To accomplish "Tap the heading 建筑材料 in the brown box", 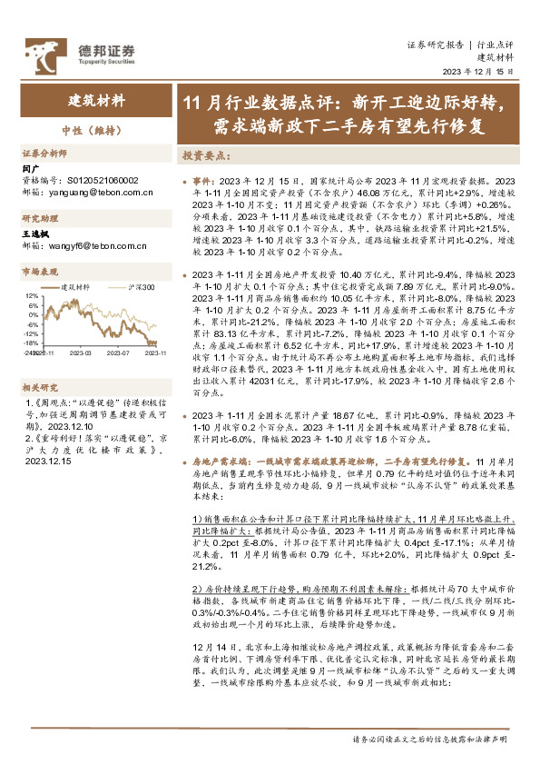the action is (97, 100).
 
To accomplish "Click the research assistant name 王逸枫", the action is (37, 234).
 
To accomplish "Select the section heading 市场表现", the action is (40, 272).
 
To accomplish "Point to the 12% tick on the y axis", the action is (32, 296).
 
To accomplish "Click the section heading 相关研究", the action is (40, 386).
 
